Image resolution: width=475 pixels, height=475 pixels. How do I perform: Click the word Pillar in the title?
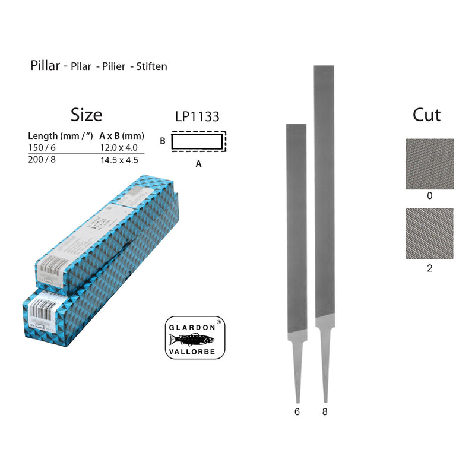coord(45,65)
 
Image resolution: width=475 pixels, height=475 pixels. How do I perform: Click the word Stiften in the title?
coord(152,66)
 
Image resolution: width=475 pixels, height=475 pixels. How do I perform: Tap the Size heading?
coord(86,114)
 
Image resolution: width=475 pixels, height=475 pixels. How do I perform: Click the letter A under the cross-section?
coord(198,164)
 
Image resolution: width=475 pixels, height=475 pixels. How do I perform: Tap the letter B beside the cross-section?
coord(162,141)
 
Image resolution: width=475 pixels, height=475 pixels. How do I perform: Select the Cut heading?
coord(427,115)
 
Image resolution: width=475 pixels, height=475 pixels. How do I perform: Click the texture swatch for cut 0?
coord(429,164)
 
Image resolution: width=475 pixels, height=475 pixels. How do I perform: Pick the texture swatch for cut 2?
coord(429,233)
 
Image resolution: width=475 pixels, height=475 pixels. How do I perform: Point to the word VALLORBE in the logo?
coord(194,351)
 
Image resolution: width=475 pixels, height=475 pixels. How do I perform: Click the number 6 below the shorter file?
coord(297,410)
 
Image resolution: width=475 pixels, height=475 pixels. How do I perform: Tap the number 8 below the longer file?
coord(325,410)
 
